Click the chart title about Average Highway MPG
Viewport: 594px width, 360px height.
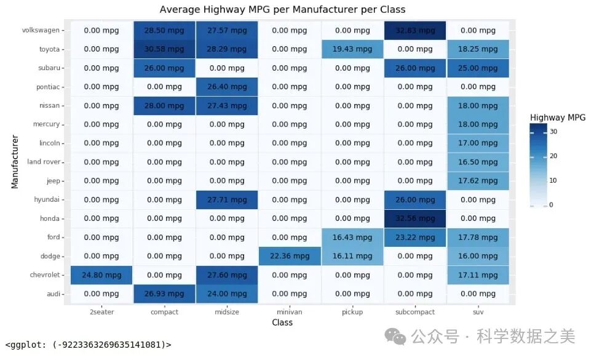tap(282, 9)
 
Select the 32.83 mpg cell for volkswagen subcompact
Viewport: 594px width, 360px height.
tap(415, 30)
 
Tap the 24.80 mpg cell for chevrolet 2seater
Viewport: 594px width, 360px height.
tap(101, 275)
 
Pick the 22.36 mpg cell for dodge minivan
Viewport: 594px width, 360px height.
tap(290, 256)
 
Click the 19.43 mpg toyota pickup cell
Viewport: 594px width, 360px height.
tap(352, 49)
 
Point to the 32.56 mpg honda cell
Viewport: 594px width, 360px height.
tap(415, 218)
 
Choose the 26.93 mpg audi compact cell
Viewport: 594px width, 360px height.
tap(164, 294)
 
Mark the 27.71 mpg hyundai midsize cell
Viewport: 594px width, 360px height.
tap(227, 200)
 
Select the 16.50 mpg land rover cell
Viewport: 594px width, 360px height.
tap(478, 162)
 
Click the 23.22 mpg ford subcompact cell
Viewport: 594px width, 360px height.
tap(415, 238)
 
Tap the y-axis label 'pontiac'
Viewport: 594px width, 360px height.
tap(48, 87)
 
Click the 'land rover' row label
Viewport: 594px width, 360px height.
tap(44, 162)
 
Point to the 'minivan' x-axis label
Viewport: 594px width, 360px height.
tap(290, 312)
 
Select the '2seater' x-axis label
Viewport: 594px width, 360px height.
tap(101, 312)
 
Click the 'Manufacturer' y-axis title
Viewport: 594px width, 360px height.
tap(14, 162)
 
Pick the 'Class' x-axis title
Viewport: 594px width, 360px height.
tap(282, 322)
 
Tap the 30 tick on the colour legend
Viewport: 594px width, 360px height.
tap(552, 131)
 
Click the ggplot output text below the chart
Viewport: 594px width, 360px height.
tap(88, 345)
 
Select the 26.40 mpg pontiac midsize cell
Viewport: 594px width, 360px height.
tap(227, 87)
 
